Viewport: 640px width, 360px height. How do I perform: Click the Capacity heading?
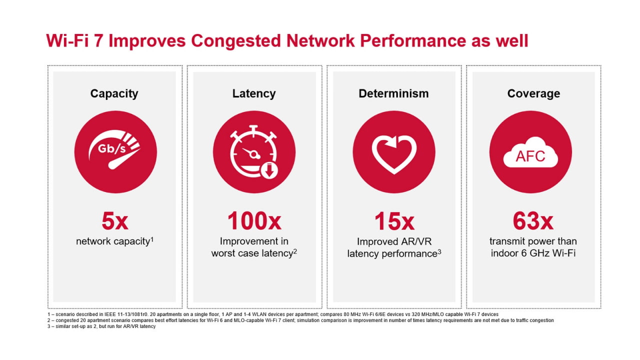point(114,93)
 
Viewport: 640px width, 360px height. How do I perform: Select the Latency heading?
point(253,93)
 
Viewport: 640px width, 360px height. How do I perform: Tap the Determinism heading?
point(393,93)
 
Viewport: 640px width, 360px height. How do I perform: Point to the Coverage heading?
point(533,93)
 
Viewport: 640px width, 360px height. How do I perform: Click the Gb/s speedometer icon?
point(115,152)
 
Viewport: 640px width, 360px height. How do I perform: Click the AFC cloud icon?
point(530,152)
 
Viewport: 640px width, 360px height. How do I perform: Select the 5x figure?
point(114,220)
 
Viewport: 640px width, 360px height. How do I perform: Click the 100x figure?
point(254,220)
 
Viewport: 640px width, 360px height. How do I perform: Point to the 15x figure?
point(394,220)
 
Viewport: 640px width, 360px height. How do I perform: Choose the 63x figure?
point(533,220)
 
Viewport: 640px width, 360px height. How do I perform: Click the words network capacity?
point(113,241)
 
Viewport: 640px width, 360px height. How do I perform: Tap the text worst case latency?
point(251,253)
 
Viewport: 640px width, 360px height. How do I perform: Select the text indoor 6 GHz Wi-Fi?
point(533,253)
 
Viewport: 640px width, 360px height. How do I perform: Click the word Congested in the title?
point(236,40)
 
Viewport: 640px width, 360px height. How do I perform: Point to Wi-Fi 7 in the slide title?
point(75,40)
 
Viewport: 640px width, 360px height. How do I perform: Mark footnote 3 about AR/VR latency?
point(100,326)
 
